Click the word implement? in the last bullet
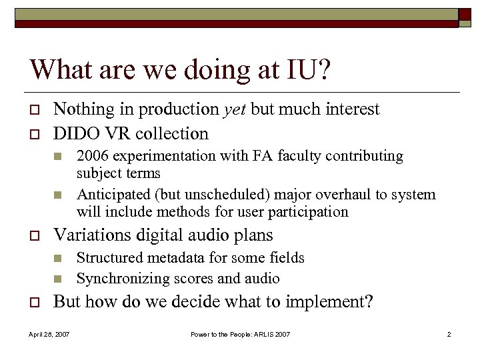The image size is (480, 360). [x=330, y=301]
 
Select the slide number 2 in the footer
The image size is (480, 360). [x=449, y=334]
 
